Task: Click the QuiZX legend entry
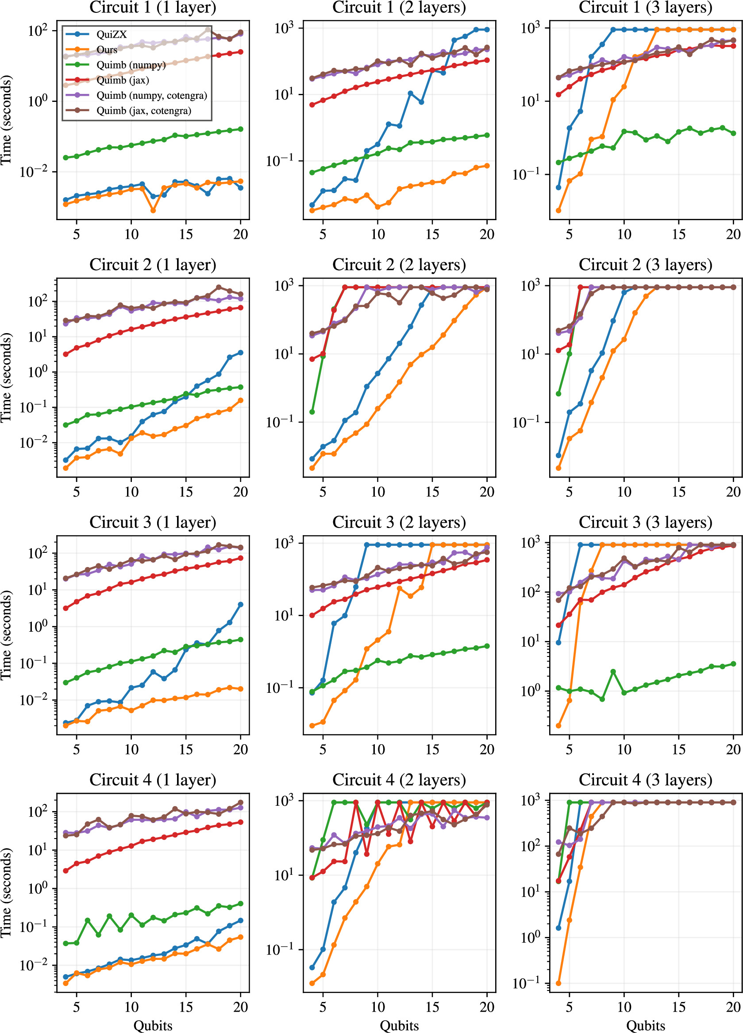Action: (111, 35)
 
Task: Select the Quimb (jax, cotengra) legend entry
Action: (143, 111)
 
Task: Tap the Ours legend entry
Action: (107, 50)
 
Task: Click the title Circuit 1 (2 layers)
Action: (399, 7)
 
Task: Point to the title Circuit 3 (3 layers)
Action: (645, 522)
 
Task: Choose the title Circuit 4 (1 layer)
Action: (152, 780)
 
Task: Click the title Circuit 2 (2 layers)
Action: (399, 264)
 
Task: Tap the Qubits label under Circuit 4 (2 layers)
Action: (399, 1026)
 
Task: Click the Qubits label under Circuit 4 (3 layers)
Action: (645, 1026)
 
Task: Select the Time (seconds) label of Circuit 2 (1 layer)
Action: (6, 377)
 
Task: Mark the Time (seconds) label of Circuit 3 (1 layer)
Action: (6, 635)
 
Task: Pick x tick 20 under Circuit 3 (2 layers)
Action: (487, 749)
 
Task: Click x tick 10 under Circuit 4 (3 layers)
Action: (624, 1007)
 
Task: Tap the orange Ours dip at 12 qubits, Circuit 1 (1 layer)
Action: (153, 210)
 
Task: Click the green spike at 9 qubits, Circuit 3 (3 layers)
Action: (613, 672)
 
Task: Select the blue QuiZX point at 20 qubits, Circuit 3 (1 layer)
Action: (241, 605)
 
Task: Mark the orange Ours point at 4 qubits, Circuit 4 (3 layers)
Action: (558, 983)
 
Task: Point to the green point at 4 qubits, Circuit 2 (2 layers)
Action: (312, 412)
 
